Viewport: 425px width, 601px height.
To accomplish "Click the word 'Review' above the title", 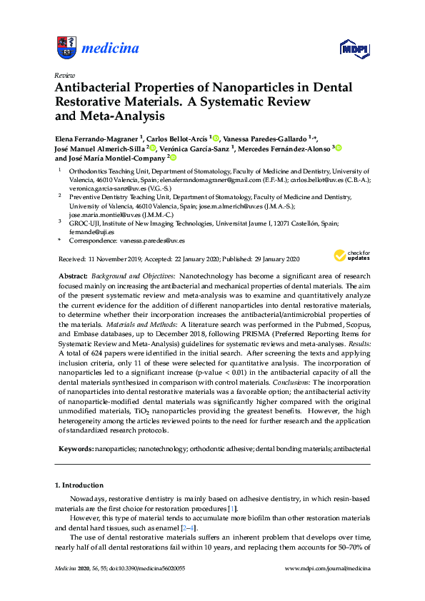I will coord(64,74).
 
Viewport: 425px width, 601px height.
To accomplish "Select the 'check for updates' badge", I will coord(351,255).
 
